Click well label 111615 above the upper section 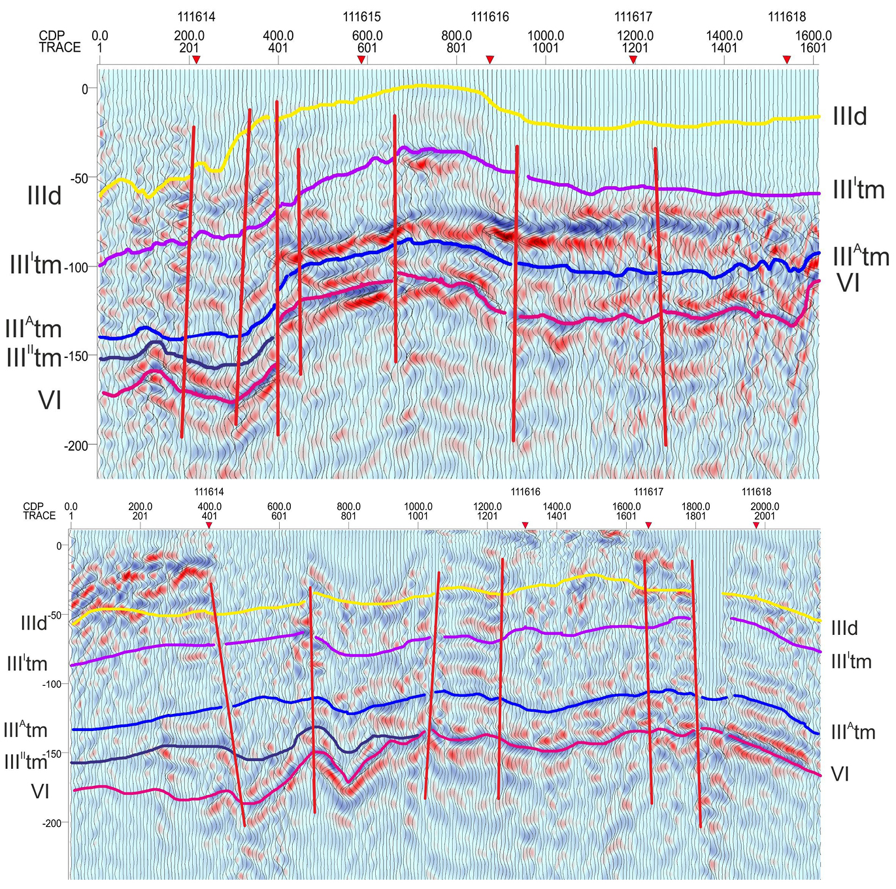361,17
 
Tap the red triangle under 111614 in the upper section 196,59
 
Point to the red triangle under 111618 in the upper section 787,59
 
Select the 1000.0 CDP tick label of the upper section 546,36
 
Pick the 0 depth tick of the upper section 84,89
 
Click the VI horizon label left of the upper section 50,399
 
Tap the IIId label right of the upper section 850,116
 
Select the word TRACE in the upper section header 59,48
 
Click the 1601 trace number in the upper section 813,48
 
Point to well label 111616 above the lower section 525,493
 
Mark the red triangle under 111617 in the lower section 648,525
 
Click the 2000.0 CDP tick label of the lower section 765,506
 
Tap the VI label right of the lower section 840,775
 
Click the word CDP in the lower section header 33,506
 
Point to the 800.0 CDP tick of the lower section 348,506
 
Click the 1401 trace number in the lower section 557,516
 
